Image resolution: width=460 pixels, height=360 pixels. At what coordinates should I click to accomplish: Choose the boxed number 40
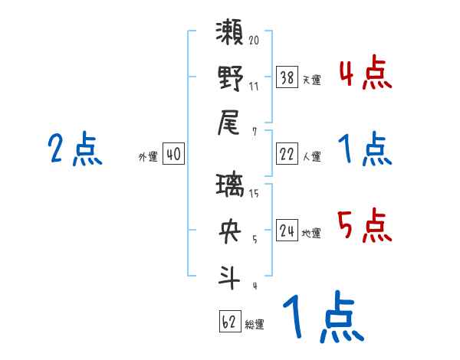point(173,154)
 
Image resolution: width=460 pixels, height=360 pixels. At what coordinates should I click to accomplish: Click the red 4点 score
point(363,74)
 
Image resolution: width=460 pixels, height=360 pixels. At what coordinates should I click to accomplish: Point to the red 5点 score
point(363,227)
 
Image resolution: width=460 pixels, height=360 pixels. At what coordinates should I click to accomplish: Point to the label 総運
point(254,324)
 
